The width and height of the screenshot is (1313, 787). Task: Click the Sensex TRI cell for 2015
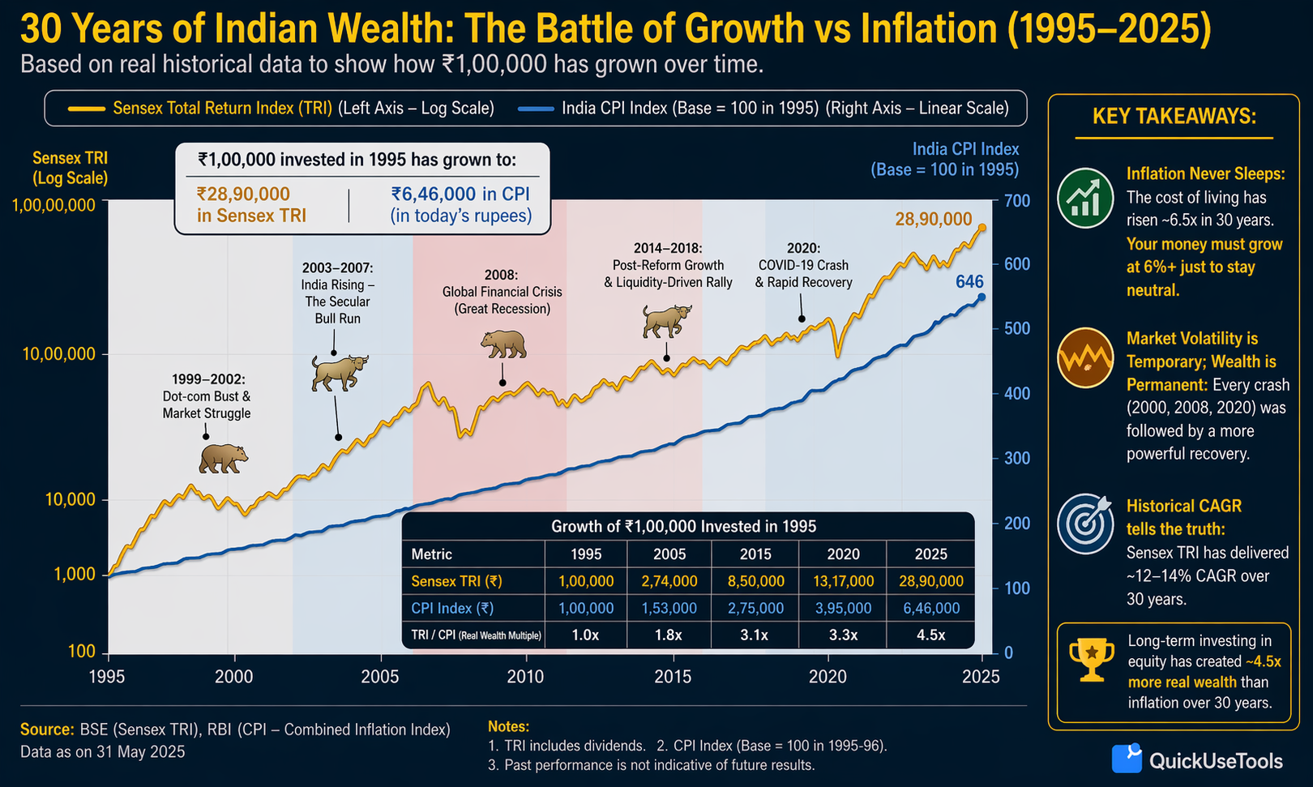755,581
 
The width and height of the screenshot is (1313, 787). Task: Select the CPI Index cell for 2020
843,608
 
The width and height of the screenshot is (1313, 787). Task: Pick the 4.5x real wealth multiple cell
930,635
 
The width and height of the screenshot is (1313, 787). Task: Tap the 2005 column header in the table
669,554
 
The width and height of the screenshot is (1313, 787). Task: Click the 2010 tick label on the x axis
525,677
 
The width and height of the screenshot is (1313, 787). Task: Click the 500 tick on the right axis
1017,328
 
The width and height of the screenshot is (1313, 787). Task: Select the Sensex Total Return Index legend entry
281,109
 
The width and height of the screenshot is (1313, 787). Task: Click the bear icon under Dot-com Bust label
223,459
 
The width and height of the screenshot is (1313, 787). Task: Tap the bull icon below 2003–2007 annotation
340,373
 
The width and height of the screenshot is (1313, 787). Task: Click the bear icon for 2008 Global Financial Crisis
503,344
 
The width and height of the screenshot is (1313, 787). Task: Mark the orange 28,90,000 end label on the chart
933,219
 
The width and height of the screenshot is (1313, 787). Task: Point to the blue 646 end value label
969,282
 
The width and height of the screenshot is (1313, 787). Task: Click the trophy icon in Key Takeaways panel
1091,659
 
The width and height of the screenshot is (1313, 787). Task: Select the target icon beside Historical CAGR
1084,524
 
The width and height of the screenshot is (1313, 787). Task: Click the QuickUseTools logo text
1215,761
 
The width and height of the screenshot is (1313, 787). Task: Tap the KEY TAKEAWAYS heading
1174,117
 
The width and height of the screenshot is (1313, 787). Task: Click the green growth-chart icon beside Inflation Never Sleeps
1084,198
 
